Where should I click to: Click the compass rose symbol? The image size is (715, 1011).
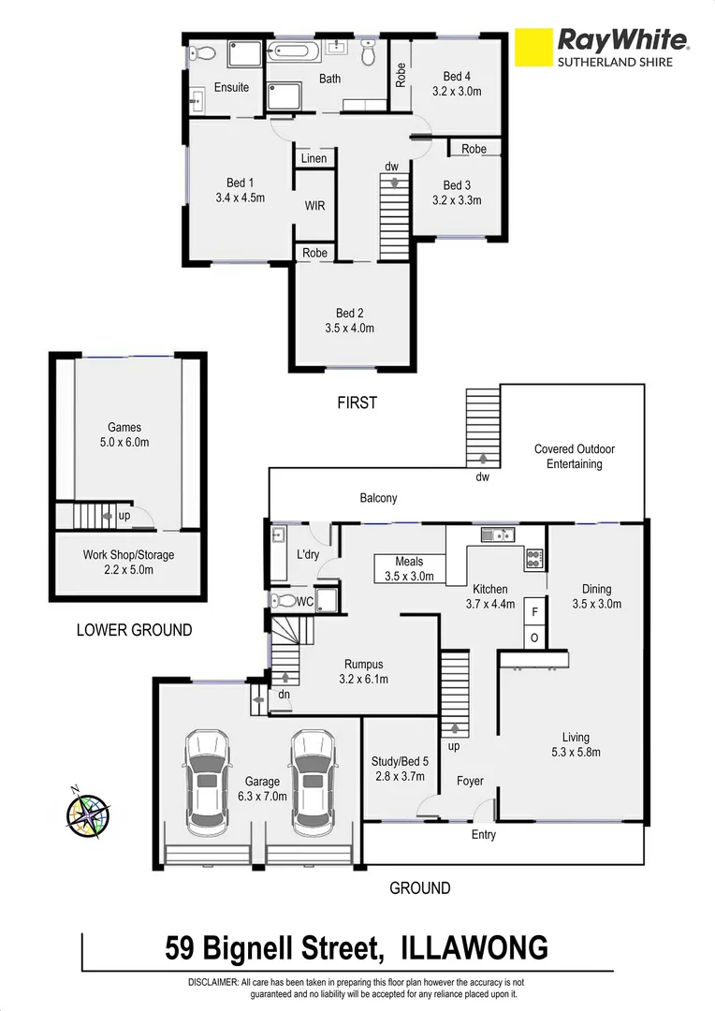[x=87, y=813]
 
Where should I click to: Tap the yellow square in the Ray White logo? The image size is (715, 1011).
[x=532, y=50]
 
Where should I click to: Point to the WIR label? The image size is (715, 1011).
[x=314, y=205]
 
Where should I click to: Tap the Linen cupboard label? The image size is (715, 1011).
[x=314, y=158]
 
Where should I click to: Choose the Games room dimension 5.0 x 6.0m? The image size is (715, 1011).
[x=124, y=443]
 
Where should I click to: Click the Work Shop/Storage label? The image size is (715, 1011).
[x=128, y=555]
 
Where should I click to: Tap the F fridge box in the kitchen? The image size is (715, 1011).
[x=534, y=610]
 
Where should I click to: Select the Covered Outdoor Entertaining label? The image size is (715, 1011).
[x=575, y=456]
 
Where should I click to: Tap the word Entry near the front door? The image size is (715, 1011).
[x=483, y=834]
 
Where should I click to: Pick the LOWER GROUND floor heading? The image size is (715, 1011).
[x=134, y=630]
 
